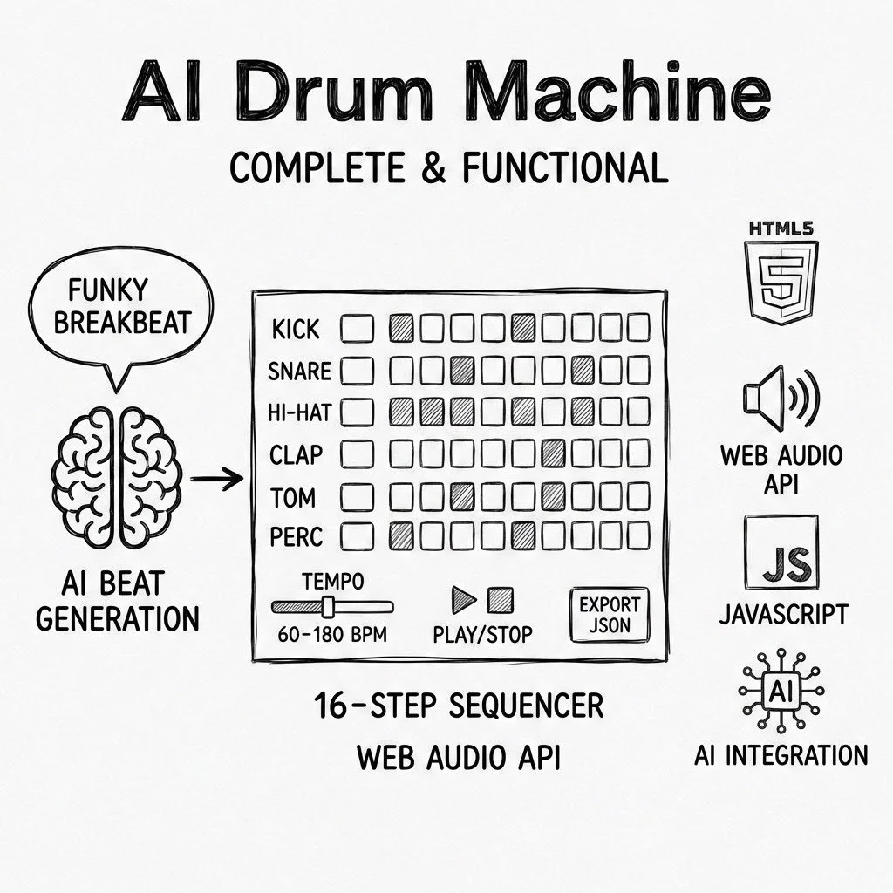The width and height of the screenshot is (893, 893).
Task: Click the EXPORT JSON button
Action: pos(610,615)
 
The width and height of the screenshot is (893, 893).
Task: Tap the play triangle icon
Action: pos(462,599)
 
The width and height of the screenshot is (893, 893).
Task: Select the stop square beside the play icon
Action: pos(500,599)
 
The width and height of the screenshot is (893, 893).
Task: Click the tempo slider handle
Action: pos(328,606)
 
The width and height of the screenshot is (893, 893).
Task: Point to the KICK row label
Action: pos(296,330)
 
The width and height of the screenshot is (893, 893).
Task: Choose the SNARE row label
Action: pos(299,372)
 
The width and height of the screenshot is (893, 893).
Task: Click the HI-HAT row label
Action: pos(299,412)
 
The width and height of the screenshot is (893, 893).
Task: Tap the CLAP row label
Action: pos(297,453)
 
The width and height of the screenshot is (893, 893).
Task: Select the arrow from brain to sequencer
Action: pos(215,478)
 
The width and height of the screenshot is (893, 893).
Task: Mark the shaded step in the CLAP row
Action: pos(553,452)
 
